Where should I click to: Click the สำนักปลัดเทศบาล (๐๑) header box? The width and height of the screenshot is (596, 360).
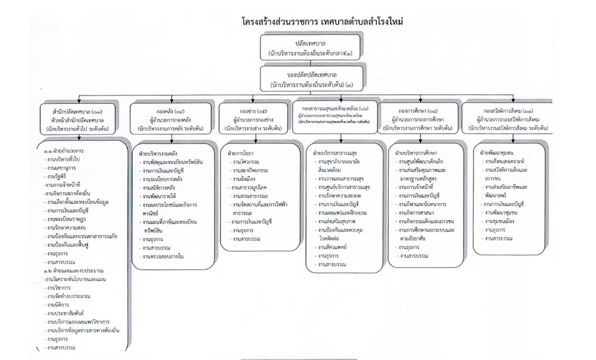(x=77, y=119)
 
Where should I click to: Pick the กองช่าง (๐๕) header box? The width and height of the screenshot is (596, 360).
(x=253, y=118)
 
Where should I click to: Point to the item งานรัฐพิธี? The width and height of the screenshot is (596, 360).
(x=59, y=177)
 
